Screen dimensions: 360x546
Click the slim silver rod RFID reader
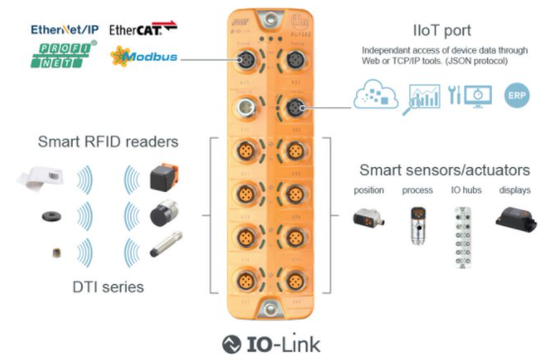click(167, 250)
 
